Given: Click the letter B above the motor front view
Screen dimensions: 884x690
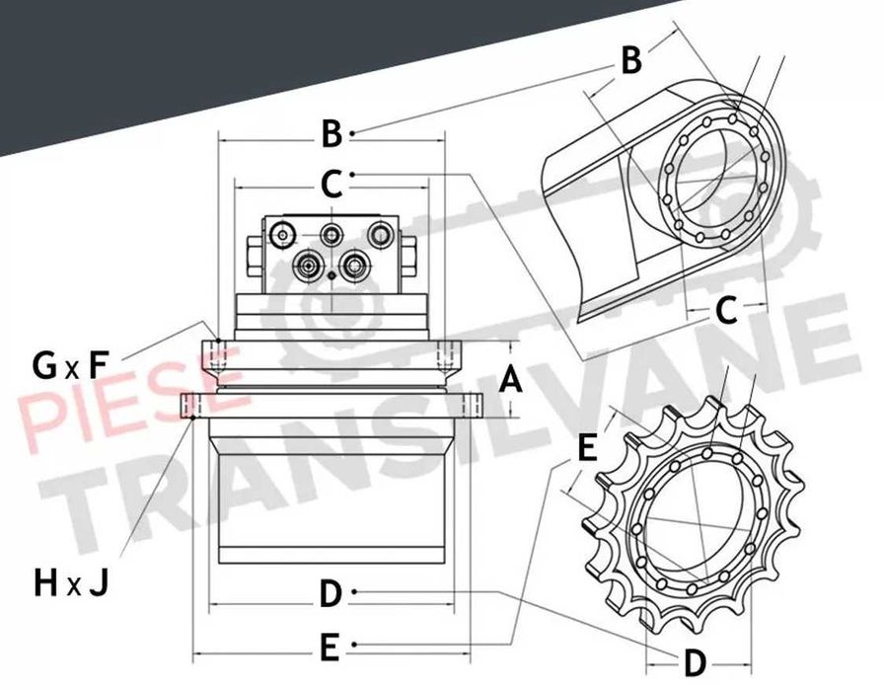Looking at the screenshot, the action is point(332,133).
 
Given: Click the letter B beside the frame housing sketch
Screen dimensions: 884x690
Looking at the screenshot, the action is point(630,60).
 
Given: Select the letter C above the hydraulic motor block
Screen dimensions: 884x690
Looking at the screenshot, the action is point(331,184).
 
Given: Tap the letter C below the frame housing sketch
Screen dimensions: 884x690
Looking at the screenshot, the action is point(726,311).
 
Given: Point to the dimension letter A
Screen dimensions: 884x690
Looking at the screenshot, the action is point(511,379).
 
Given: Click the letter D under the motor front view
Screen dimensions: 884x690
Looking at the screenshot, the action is point(331,594).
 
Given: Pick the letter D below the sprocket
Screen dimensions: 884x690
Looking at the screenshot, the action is point(695,663).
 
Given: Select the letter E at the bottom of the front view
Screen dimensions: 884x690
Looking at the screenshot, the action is point(330,648).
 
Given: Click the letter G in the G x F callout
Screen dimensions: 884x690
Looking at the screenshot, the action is point(44,365).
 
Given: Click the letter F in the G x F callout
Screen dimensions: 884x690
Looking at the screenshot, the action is point(98,365).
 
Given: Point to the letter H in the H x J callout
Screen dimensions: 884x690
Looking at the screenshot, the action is point(45,582).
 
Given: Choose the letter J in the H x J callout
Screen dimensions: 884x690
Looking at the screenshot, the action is point(99,582).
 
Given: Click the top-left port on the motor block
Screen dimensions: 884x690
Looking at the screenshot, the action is point(282,235).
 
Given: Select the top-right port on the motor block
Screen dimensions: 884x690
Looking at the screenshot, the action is point(380,235).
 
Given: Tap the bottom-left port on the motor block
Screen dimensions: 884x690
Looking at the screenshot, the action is point(308,264).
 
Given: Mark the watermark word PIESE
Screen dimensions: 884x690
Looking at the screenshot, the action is point(134,394).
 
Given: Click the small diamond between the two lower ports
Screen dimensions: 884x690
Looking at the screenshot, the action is point(332,275).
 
